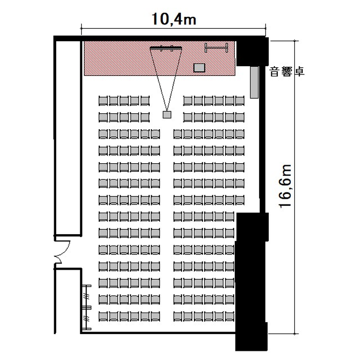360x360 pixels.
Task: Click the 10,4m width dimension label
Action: click(x=174, y=19)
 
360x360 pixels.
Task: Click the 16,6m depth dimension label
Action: click(x=286, y=186)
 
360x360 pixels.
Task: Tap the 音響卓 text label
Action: click(x=287, y=72)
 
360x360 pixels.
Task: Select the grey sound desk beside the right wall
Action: click(x=254, y=82)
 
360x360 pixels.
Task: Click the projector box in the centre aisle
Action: click(x=167, y=115)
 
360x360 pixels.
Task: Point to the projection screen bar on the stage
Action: click(x=166, y=48)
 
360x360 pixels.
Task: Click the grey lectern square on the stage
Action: click(x=199, y=68)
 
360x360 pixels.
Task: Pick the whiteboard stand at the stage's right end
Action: click(x=216, y=48)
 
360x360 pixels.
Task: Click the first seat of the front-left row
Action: click(x=103, y=101)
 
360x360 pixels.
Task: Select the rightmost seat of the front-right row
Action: click(x=240, y=101)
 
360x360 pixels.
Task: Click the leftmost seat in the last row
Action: click(x=103, y=316)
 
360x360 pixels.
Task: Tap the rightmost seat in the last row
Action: click(x=230, y=316)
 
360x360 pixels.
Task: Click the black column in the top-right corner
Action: click(x=252, y=52)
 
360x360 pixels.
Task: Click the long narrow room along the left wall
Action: click(x=68, y=138)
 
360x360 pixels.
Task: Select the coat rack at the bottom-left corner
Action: click(x=87, y=307)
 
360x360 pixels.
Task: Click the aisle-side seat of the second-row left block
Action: click(x=145, y=118)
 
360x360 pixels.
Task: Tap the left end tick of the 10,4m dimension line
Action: click(x=81, y=28)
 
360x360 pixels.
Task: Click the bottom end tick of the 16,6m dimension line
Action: click(x=295, y=334)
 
